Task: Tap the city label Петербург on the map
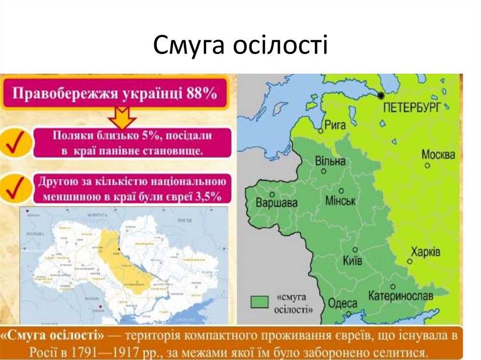pos(412,107)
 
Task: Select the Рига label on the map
pos(335,125)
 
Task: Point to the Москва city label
pos(438,154)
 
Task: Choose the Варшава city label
pos(277,203)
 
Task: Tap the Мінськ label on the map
pos(341,201)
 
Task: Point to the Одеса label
pos(343,304)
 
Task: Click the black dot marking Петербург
pos(381,96)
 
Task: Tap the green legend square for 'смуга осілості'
pos(259,301)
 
